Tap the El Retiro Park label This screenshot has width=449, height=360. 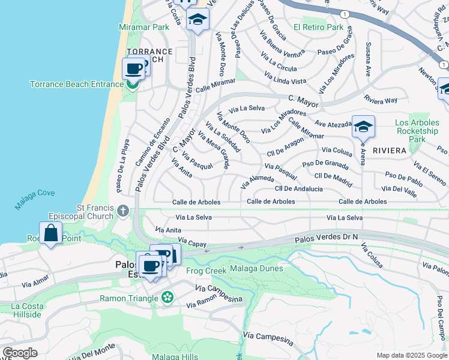318,27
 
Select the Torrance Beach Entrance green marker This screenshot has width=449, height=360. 133,83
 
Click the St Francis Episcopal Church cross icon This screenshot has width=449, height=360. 123,211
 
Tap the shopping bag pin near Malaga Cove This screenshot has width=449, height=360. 51,232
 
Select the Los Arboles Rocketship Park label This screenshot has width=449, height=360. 417,131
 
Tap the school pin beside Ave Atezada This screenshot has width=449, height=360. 363,127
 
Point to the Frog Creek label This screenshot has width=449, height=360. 206,271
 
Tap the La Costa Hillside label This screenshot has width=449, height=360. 27,310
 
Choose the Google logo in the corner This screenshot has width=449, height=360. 20,352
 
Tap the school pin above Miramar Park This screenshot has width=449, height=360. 197,19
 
